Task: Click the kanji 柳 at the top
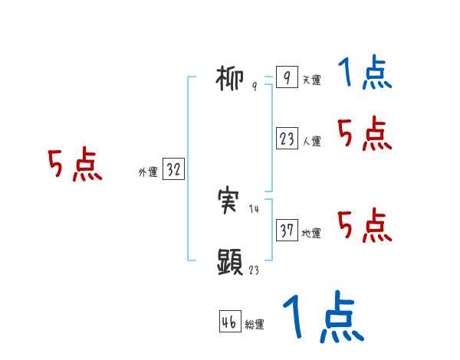point(230,78)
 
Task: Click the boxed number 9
point(286,78)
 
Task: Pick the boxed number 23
point(287,139)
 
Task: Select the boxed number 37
point(287,231)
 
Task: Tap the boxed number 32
point(173,170)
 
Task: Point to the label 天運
point(311,80)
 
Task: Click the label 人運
point(311,142)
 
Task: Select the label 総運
point(255,325)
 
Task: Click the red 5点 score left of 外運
point(74,165)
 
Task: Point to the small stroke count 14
point(254,209)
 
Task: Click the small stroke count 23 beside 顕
point(254,270)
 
